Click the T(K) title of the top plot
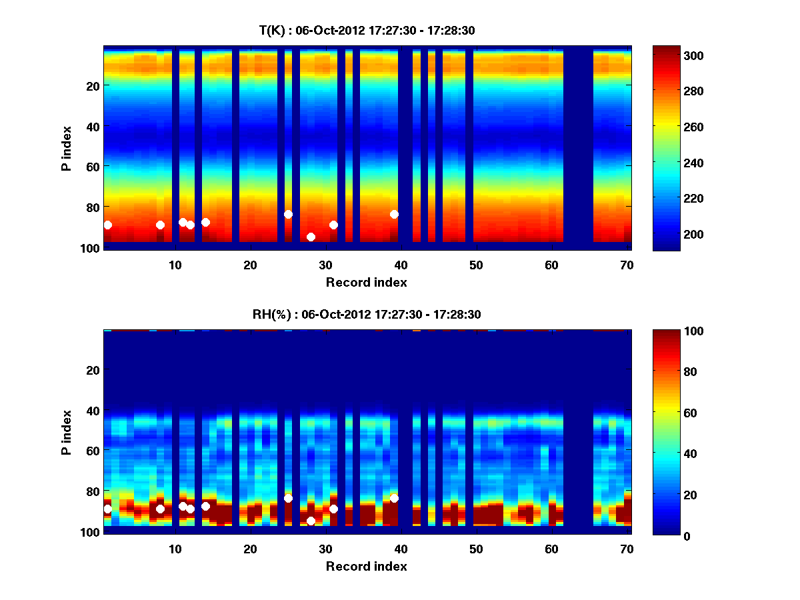(x=367, y=30)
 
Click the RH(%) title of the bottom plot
(x=367, y=314)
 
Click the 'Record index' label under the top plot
(x=367, y=282)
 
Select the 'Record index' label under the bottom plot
(x=367, y=566)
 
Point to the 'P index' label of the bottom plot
(x=67, y=432)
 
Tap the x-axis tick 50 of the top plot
(x=476, y=265)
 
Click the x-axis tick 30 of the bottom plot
(x=325, y=549)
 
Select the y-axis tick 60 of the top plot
(x=92, y=166)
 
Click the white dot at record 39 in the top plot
(x=394, y=214)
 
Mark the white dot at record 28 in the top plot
(x=311, y=237)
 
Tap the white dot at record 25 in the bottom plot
(x=288, y=498)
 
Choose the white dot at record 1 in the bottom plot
(x=107, y=509)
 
